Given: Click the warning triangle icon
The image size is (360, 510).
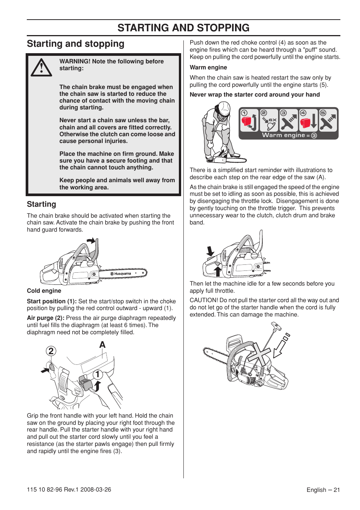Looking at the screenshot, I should click(41, 68).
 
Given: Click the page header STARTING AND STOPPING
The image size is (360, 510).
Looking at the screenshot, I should click(183, 28).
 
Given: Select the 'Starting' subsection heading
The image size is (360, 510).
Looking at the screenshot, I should click(42, 204).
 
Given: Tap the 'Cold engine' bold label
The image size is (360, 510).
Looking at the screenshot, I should click(44, 291).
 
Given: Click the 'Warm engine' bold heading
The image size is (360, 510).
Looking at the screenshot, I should click(208, 68).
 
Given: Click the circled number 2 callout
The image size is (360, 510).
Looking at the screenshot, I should click(51, 351).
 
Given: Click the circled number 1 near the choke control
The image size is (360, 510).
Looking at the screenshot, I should click(98, 374).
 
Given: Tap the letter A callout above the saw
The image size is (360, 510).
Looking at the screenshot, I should click(102, 345).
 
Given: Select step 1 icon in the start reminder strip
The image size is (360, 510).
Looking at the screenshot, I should click(249, 120).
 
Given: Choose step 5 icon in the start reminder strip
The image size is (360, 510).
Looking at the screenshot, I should click(328, 120).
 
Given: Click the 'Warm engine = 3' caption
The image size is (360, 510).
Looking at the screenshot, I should click(289, 135).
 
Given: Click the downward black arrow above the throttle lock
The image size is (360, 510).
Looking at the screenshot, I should click(210, 251).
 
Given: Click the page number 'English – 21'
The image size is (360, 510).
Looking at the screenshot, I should click(323, 490).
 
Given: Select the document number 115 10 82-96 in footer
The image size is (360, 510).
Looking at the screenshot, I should click(44, 490).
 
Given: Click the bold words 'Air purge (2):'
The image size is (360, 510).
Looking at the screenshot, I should click(45, 318).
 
